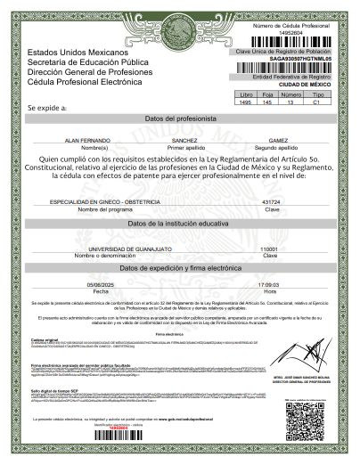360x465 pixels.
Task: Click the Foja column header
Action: (267, 94)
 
